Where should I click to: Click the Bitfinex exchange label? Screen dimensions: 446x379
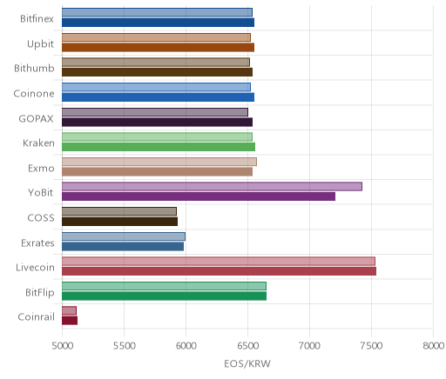click(x=37, y=19)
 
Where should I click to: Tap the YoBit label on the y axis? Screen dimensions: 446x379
click(x=41, y=193)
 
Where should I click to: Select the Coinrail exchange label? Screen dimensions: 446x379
click(x=36, y=317)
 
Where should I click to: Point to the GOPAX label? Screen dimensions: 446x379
click(x=36, y=119)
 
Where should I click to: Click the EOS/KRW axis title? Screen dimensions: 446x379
click(x=247, y=363)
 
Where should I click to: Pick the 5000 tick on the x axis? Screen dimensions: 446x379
click(x=63, y=346)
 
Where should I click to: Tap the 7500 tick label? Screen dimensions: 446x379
click(x=371, y=346)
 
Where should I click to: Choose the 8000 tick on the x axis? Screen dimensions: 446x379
click(x=433, y=346)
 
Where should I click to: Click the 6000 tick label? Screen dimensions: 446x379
click(x=186, y=346)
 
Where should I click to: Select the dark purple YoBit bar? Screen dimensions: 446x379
click(x=199, y=196)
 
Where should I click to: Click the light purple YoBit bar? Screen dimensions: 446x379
click(x=212, y=186)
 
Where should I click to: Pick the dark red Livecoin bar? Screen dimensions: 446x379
click(x=219, y=271)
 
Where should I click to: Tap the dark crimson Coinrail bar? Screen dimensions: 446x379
click(x=70, y=321)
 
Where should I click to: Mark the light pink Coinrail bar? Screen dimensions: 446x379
click(x=69, y=310)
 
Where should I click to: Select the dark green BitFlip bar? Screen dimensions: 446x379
click(x=164, y=296)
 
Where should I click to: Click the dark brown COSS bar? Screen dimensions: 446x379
click(x=119, y=222)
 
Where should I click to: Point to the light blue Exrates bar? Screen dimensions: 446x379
click(x=124, y=236)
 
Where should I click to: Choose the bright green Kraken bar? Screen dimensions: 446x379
click(x=159, y=147)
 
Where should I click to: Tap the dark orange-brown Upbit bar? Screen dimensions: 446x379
click(x=158, y=47)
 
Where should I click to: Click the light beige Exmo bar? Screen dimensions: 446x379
click(x=159, y=162)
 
